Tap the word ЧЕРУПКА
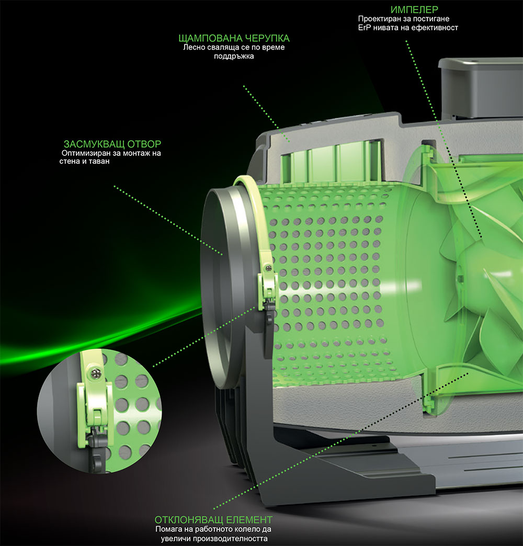pos(267,39)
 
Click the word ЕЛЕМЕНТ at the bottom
pos(249,520)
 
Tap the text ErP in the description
pos(364,27)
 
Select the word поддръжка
pos(234,56)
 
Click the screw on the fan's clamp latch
pos(268,268)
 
